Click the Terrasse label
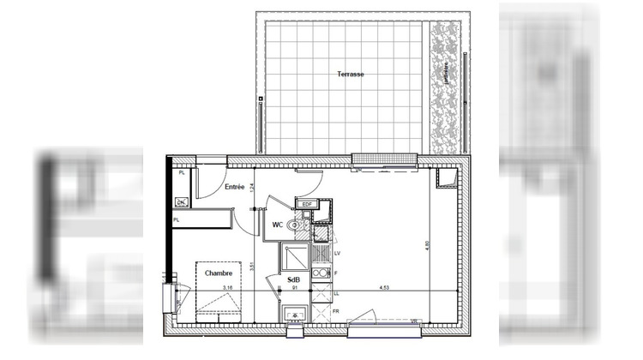pyautogui.click(x=351, y=75)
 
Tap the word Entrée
pyautogui.click(x=235, y=186)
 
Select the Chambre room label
pyautogui.click(x=219, y=273)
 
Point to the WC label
pyautogui.click(x=278, y=225)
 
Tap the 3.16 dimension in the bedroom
pyautogui.click(x=228, y=288)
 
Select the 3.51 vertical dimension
pyautogui.click(x=251, y=267)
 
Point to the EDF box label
pyautogui.click(x=307, y=204)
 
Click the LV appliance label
pyautogui.click(x=338, y=254)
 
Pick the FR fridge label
pyautogui.click(x=336, y=312)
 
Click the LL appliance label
pyautogui.click(x=337, y=292)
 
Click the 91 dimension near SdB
pyautogui.click(x=295, y=289)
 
